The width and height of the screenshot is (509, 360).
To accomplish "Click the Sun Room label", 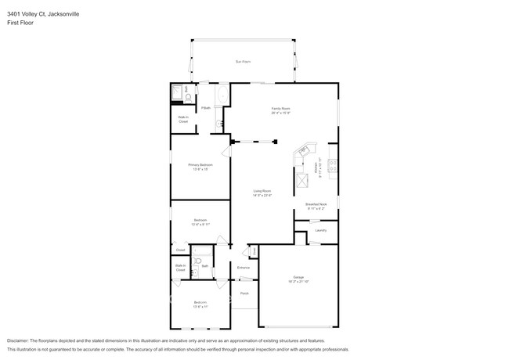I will coord(243,61).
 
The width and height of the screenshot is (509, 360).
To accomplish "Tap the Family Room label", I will coord(281,109).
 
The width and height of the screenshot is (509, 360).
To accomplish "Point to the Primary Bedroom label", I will coord(200,165).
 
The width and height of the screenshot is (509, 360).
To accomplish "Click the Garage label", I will coord(298,277).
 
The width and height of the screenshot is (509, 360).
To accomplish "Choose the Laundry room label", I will coord(320,230).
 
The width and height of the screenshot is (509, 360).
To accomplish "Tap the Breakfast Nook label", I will coord(316,204).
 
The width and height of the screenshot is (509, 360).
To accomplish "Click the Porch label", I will coord(244,293).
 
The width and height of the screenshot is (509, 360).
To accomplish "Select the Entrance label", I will coord(244,268).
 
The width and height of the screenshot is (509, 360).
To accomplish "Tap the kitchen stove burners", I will coord(332,165).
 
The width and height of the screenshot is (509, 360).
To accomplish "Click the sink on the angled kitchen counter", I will coord(303,150).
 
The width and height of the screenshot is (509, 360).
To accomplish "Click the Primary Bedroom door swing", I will coord(226,151).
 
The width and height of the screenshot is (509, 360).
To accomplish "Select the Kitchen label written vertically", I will coord(316,167).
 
